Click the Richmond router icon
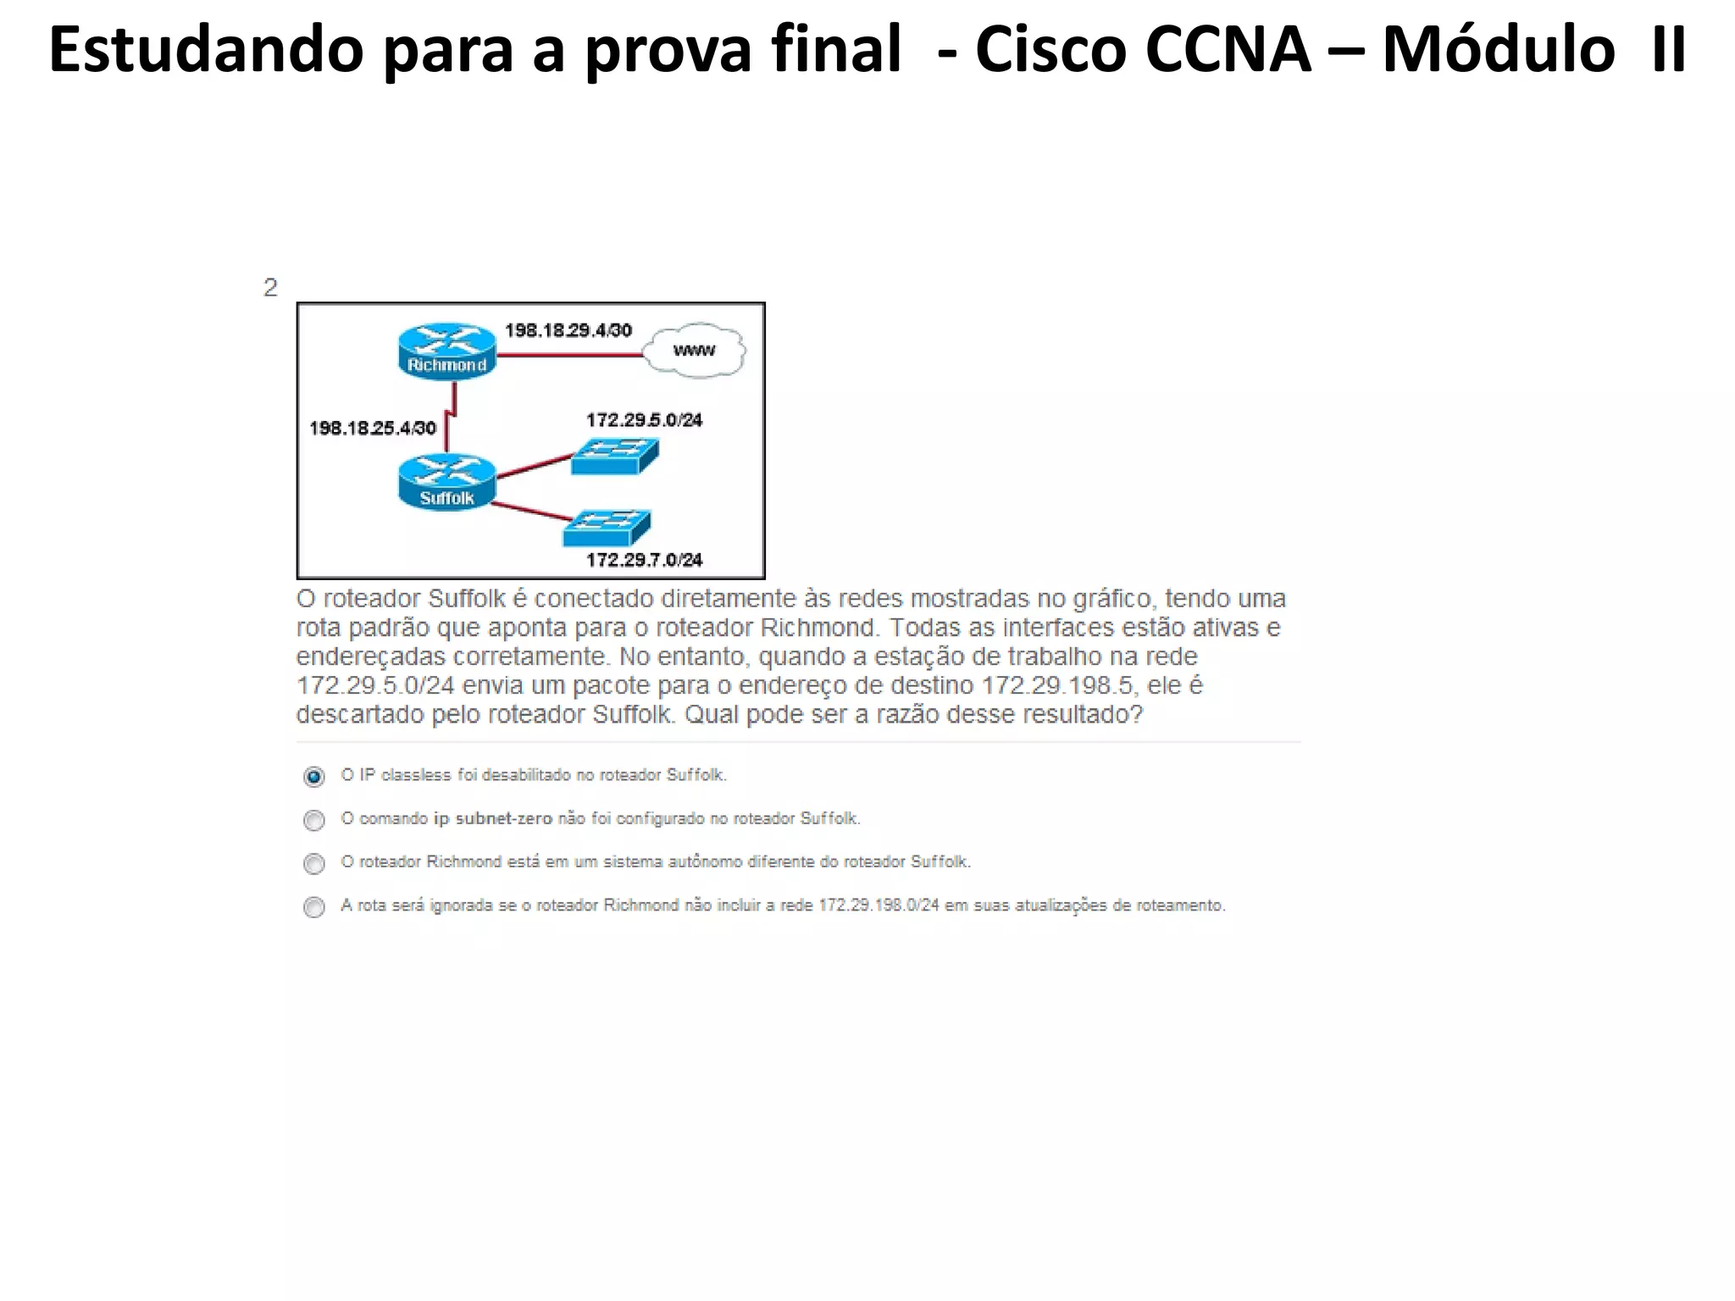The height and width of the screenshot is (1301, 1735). [446, 350]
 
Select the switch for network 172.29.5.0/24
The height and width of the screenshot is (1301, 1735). [614, 457]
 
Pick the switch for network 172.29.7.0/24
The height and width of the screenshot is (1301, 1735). [607, 529]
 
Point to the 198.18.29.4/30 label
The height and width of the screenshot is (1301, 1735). [568, 330]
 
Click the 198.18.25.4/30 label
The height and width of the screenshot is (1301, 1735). [373, 428]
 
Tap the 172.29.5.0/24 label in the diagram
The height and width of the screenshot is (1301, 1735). [644, 420]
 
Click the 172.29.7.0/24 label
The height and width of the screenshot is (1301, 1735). [644, 560]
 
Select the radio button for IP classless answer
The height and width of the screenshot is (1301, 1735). [314, 776]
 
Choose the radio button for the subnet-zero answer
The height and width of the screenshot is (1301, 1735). [314, 820]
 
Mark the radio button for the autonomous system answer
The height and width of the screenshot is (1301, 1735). [314, 863]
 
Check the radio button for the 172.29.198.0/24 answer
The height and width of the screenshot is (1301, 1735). [314, 907]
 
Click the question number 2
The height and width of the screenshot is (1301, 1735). [270, 288]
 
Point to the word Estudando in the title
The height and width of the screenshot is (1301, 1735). [206, 51]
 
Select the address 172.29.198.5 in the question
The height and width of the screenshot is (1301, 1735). [1057, 685]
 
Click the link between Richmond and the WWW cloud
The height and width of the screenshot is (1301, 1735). [569, 355]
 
